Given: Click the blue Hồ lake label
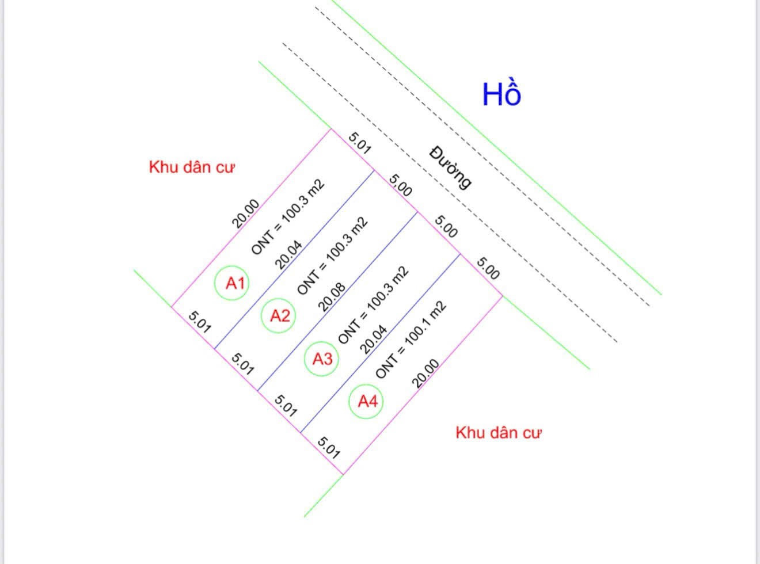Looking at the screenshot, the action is tap(501, 93).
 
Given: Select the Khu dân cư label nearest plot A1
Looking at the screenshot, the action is tap(192, 167).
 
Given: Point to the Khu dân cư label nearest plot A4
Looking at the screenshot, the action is tap(498, 433).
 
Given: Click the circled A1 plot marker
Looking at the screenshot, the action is tap(232, 283).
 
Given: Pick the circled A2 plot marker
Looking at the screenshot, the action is tap(278, 315).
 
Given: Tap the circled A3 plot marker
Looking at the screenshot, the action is tap(321, 359).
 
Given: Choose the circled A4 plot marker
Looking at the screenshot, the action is tap(366, 401).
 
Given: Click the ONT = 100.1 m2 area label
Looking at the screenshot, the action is tap(411, 340).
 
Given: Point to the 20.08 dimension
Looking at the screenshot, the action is tap(332, 297).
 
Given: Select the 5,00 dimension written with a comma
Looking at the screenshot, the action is tap(400, 185).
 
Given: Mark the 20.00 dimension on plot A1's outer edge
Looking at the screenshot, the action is tap(246, 214).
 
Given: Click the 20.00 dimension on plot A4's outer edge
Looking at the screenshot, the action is tap(425, 373).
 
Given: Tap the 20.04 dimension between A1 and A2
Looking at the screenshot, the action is tap(288, 255).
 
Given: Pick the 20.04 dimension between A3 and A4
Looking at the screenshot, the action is tap(373, 339).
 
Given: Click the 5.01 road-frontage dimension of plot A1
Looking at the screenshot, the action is tap(359, 143).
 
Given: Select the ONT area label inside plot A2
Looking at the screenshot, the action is tap(332, 256).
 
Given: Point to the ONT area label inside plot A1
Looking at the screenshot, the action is tap(288, 217).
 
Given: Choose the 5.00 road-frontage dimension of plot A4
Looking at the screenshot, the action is tap(488, 268).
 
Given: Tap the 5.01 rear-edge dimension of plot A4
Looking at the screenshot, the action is tap(328, 448).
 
